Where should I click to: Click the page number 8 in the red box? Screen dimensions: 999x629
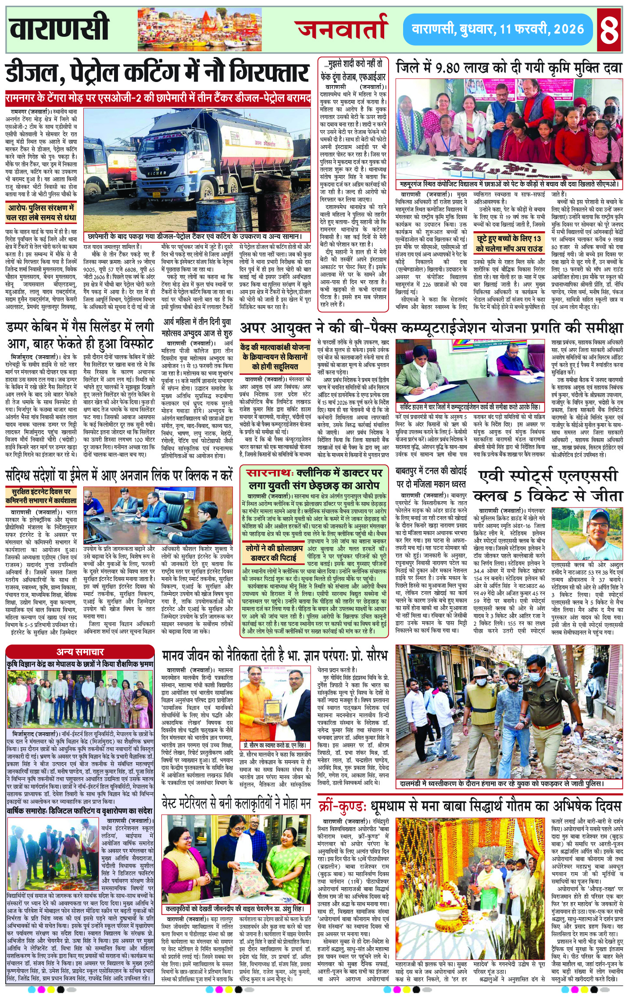(x=610, y=29)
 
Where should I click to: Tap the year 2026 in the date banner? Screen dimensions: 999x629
(x=568, y=29)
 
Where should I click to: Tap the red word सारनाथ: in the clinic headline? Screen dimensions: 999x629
(x=269, y=473)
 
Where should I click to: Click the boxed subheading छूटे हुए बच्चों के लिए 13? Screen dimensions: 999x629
(x=509, y=243)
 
